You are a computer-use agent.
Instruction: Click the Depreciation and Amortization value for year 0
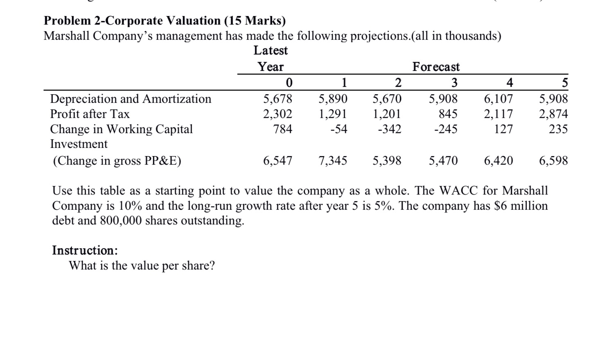(278, 99)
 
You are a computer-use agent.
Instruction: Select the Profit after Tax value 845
(448, 114)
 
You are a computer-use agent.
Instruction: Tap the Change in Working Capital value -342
(389, 129)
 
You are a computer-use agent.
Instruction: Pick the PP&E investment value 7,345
(332, 161)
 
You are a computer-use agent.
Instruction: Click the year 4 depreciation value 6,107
(498, 99)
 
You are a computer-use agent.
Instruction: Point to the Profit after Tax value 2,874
(554, 114)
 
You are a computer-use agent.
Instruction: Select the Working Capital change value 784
(283, 129)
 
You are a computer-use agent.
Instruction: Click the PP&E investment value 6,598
(554, 161)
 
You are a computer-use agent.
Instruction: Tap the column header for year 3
(454, 83)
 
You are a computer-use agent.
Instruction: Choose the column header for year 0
(289, 83)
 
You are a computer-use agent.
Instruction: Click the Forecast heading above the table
(436, 67)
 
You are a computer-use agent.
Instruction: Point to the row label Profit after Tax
(90, 114)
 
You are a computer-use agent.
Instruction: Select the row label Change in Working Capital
(121, 129)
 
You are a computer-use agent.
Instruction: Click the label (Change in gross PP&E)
(117, 161)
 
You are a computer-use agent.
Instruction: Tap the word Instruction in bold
(85, 250)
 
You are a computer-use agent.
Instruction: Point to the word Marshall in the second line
(67, 36)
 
